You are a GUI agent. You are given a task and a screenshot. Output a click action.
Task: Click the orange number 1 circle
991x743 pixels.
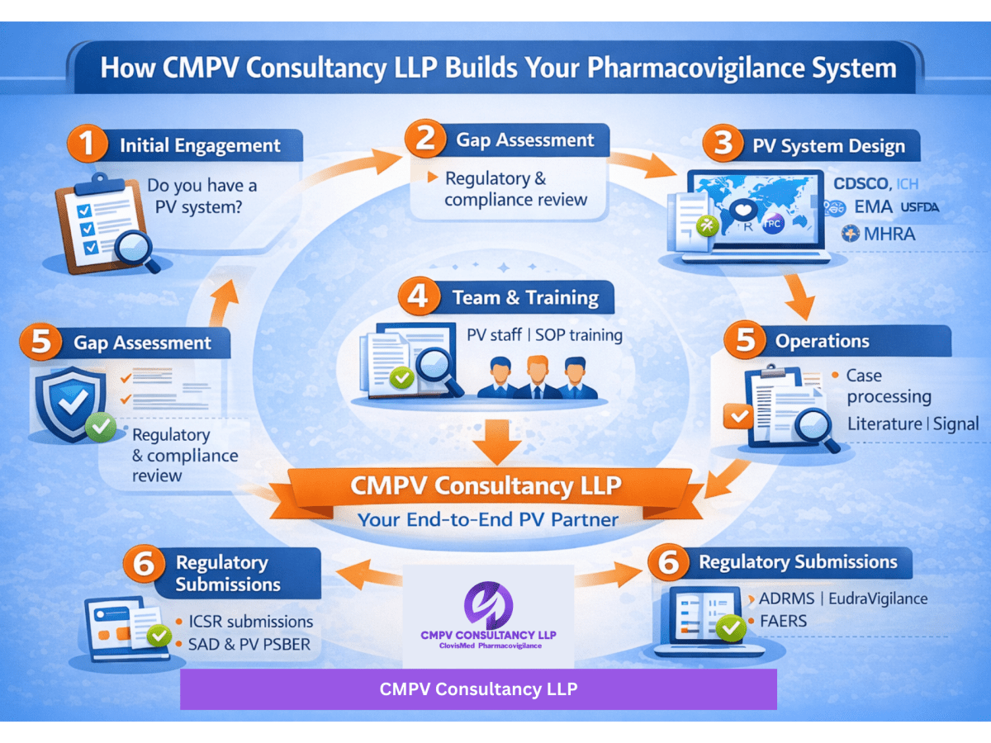(86, 146)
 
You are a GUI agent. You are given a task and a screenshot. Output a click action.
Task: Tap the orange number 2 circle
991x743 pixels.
(424, 139)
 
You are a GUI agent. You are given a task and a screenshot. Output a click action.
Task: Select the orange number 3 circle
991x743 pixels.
(723, 145)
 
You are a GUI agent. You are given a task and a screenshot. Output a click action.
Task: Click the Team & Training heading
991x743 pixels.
(525, 297)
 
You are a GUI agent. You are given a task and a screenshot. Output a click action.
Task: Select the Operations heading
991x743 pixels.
(822, 341)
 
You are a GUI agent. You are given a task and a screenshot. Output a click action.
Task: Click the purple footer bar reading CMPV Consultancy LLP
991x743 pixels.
(478, 689)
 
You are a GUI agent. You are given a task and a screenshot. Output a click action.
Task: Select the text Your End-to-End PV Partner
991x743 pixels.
(488, 520)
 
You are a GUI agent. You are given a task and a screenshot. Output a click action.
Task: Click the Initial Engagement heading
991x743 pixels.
(200, 146)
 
